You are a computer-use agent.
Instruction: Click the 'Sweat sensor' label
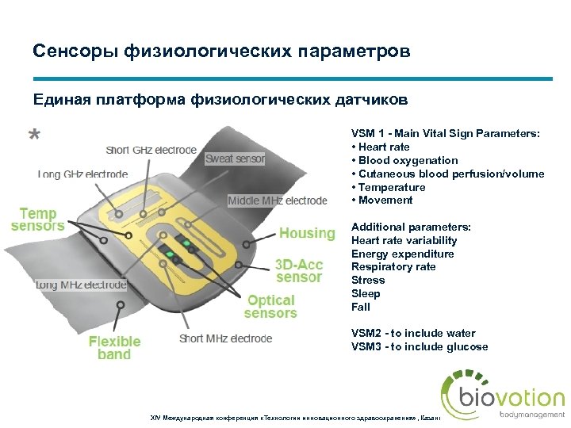click(x=235, y=159)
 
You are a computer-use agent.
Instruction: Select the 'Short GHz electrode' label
click(x=151, y=150)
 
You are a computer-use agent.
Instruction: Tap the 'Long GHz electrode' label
click(x=82, y=174)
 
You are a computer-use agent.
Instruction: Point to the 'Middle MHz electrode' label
click(x=277, y=201)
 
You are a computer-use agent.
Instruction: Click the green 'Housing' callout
click(x=307, y=233)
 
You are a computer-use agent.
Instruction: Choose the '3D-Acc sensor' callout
click(x=299, y=270)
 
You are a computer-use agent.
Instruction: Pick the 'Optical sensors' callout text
click(x=270, y=306)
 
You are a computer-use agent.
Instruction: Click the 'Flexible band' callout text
click(x=114, y=347)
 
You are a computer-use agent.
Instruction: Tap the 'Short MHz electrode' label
click(x=225, y=338)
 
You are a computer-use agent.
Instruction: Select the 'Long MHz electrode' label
click(x=81, y=284)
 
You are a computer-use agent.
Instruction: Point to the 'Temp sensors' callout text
click(x=37, y=220)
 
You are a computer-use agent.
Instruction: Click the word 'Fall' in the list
click(x=361, y=307)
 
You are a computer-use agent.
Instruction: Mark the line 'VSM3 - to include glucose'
click(x=420, y=346)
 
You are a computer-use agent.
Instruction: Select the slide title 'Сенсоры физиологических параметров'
click(x=221, y=52)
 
